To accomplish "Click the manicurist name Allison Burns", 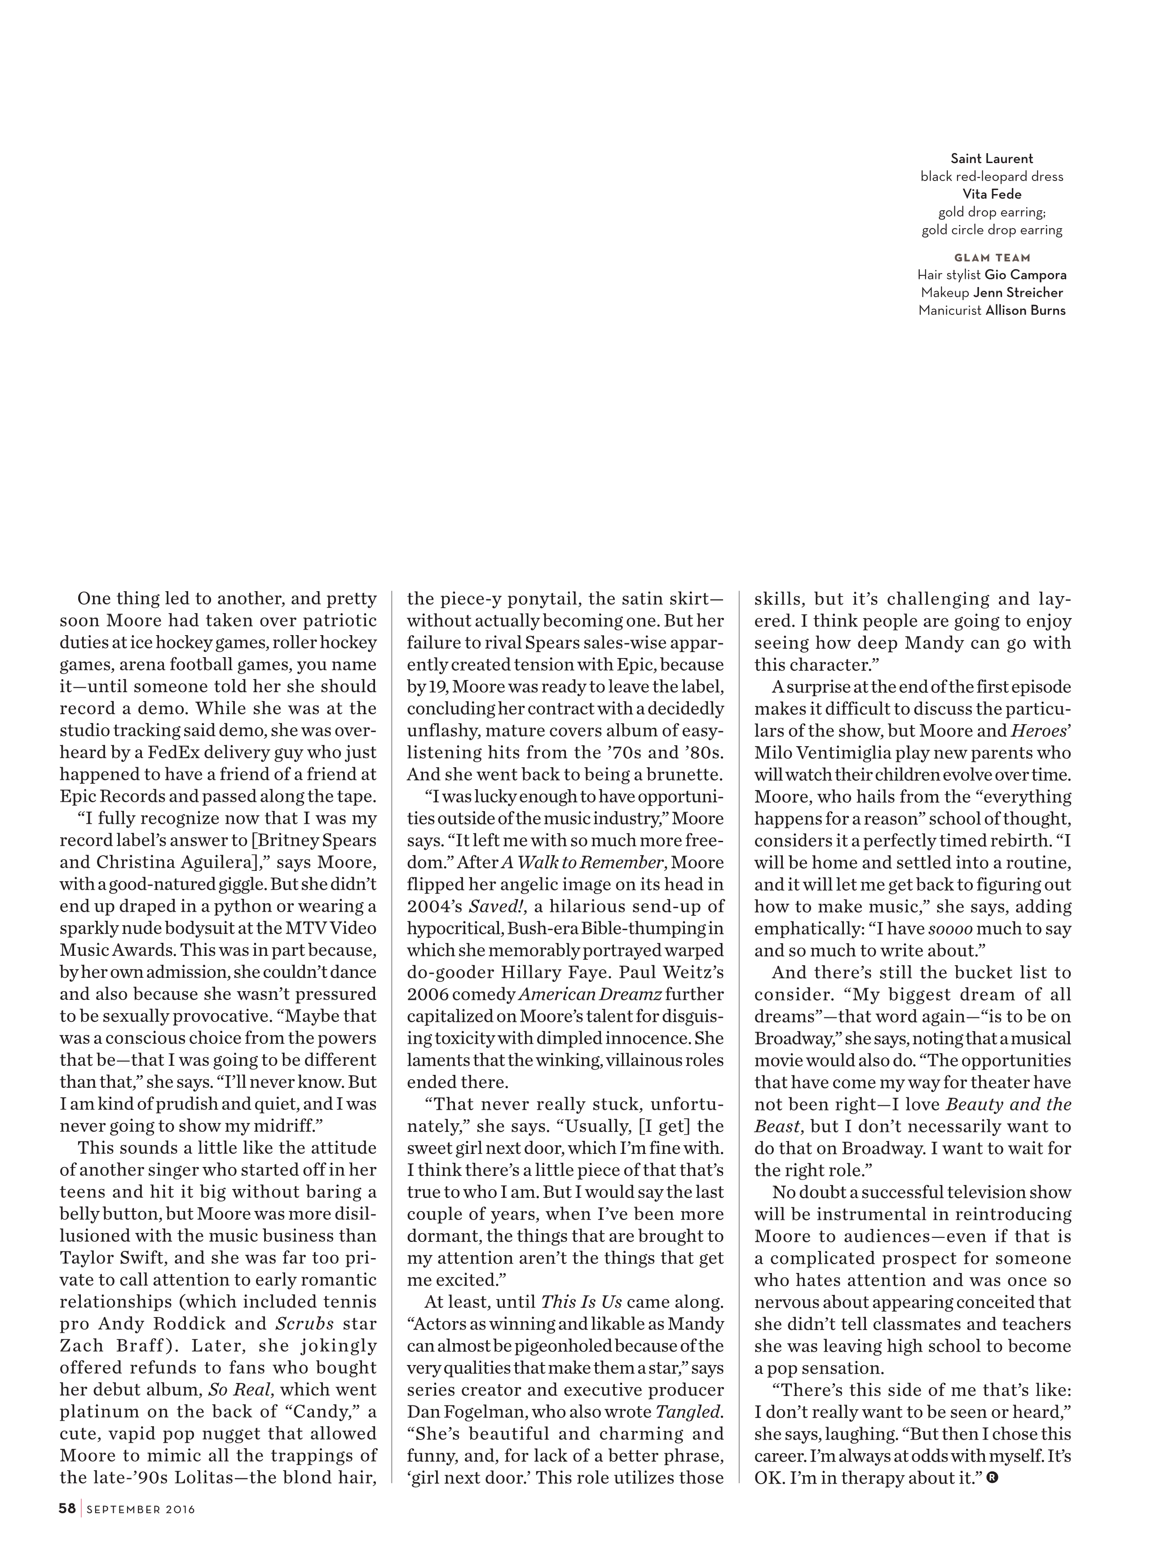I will coord(1025,311).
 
